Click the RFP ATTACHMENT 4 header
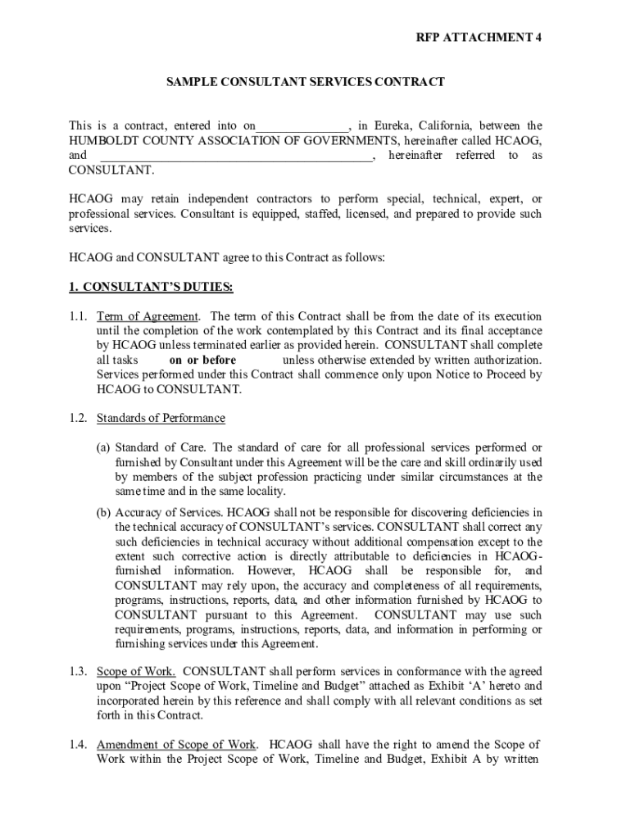(x=479, y=39)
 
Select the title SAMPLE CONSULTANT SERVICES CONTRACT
(x=305, y=82)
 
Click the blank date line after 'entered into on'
(x=302, y=127)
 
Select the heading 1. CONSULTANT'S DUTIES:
(x=151, y=287)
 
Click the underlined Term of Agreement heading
(x=148, y=316)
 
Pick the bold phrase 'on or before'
(x=202, y=361)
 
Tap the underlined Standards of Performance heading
(x=161, y=418)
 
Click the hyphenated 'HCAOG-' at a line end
(x=518, y=557)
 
